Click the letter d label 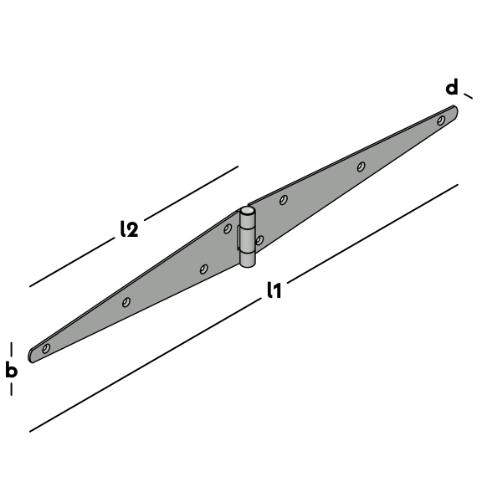click(x=452, y=87)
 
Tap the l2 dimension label click(x=129, y=228)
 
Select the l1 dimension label click(x=274, y=290)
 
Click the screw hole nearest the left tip click(x=46, y=348)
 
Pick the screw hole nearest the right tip click(x=441, y=120)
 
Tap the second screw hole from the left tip click(x=126, y=302)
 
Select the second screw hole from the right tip click(x=361, y=167)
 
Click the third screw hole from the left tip click(x=203, y=269)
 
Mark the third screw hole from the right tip click(x=284, y=200)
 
